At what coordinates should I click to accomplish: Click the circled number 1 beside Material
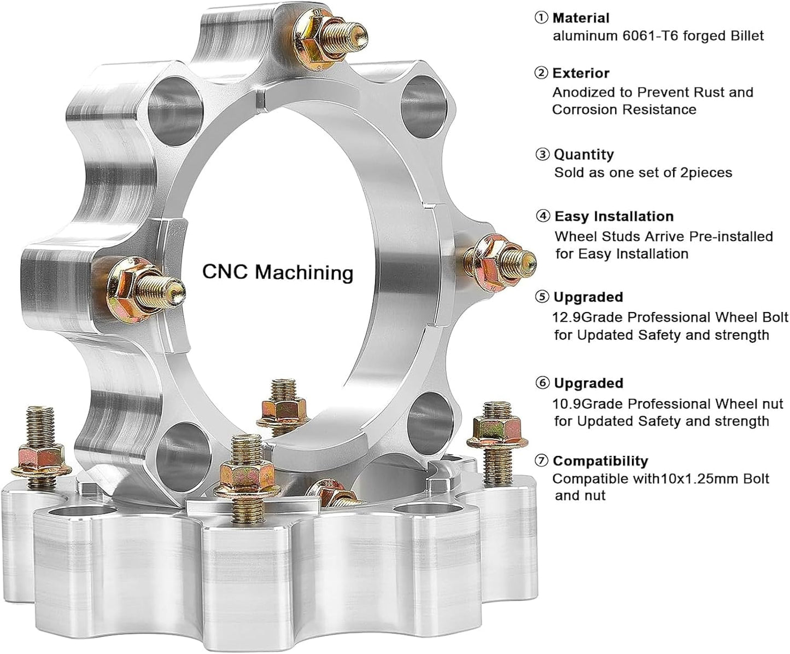coord(541,18)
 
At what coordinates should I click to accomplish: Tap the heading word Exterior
coord(581,73)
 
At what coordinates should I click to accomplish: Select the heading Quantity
coord(584,154)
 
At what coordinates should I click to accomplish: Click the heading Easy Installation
coord(614,216)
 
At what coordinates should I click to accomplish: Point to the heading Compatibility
coord(600,461)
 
